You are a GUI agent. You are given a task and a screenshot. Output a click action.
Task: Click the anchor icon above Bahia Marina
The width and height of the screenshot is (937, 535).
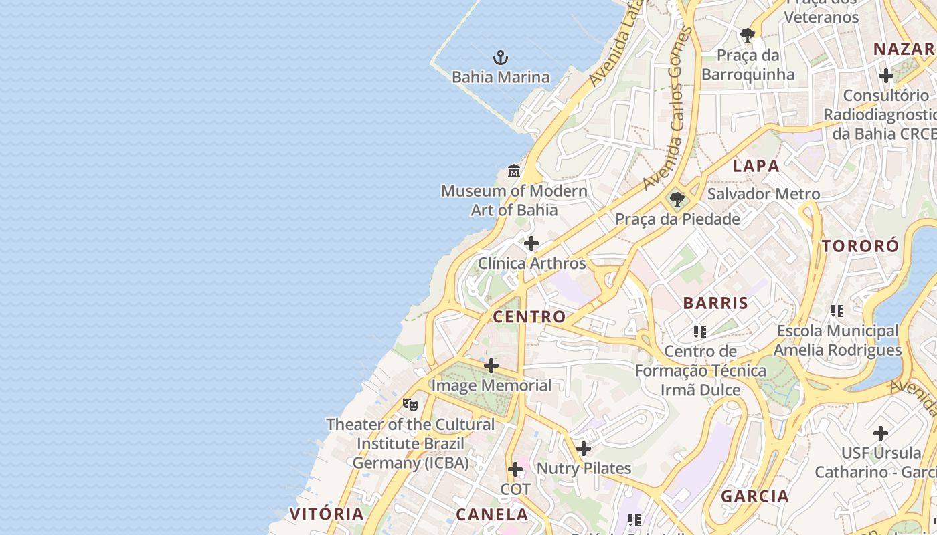(x=500, y=58)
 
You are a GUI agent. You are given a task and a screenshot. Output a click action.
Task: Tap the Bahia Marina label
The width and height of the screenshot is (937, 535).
(x=501, y=77)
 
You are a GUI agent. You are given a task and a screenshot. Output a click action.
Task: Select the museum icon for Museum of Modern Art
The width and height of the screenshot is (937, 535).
(x=513, y=171)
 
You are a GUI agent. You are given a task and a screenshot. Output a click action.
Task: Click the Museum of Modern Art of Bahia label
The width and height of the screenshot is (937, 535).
(x=514, y=201)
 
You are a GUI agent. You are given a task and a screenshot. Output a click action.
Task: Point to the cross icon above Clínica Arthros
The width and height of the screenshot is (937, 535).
(x=531, y=243)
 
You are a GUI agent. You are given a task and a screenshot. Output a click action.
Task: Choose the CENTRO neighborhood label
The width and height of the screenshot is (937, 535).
(x=529, y=316)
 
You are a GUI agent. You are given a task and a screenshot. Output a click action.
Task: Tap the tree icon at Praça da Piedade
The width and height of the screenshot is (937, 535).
(x=677, y=199)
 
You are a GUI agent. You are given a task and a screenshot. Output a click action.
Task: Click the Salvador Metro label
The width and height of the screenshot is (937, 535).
(x=763, y=194)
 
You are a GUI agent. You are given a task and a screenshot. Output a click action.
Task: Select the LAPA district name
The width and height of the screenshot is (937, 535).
(x=756, y=166)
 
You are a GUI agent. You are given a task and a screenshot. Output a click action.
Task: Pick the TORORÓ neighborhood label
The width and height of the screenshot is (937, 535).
(x=860, y=246)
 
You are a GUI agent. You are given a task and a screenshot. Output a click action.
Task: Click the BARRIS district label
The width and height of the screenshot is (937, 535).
(x=715, y=302)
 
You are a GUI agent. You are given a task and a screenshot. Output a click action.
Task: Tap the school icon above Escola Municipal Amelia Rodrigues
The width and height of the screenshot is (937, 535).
(x=837, y=311)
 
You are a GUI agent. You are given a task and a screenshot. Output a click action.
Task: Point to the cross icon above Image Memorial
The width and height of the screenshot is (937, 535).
(x=491, y=366)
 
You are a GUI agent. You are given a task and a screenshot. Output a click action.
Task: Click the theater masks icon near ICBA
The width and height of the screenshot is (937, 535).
(x=410, y=404)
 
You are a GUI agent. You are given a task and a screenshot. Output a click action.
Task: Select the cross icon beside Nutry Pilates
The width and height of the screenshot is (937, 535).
(x=584, y=449)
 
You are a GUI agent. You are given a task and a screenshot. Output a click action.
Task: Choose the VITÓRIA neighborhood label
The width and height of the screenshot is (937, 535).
(x=327, y=514)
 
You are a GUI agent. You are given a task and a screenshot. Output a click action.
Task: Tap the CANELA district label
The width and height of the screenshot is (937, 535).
(x=492, y=514)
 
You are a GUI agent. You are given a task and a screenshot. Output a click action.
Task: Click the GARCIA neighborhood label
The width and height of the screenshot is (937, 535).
(x=755, y=496)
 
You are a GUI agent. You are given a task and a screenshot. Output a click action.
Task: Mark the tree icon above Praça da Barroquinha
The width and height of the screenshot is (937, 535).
(x=748, y=35)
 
